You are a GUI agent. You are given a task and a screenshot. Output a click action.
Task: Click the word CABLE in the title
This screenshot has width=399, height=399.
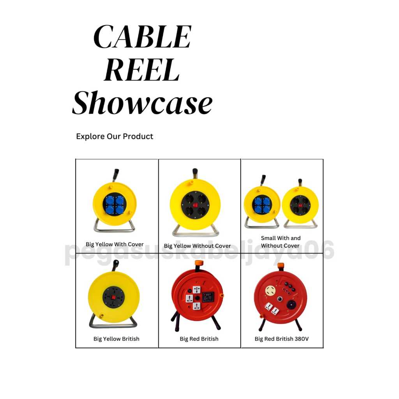tap(143, 37)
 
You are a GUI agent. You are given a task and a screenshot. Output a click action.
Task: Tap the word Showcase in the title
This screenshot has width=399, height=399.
tap(143, 103)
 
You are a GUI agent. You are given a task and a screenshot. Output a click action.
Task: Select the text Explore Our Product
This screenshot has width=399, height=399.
tap(115, 136)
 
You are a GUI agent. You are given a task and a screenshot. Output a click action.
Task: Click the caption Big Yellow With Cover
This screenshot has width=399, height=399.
tap(115, 244)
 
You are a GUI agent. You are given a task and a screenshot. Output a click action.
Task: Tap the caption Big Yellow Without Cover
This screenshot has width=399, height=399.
tap(197, 246)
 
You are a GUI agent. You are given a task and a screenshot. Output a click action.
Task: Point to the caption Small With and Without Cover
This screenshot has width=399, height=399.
tap(281, 242)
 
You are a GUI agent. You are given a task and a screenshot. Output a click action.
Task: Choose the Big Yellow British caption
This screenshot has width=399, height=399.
tap(116, 339)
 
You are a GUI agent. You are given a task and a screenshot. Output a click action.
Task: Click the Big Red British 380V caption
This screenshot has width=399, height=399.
tap(281, 339)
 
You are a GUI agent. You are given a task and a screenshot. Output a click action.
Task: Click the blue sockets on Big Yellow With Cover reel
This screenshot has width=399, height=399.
tap(115, 204)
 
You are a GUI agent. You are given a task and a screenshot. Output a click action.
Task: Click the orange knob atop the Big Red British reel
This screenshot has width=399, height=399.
tap(199, 263)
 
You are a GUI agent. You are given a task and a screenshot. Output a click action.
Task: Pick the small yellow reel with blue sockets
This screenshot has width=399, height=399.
tap(262, 205)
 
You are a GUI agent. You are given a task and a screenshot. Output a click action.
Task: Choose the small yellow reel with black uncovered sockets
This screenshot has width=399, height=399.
tap(300, 205)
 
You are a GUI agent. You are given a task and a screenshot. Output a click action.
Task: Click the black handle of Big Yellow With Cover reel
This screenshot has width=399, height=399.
tap(115, 175)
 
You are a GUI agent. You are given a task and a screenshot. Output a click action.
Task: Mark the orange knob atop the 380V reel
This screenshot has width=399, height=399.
tap(281, 266)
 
